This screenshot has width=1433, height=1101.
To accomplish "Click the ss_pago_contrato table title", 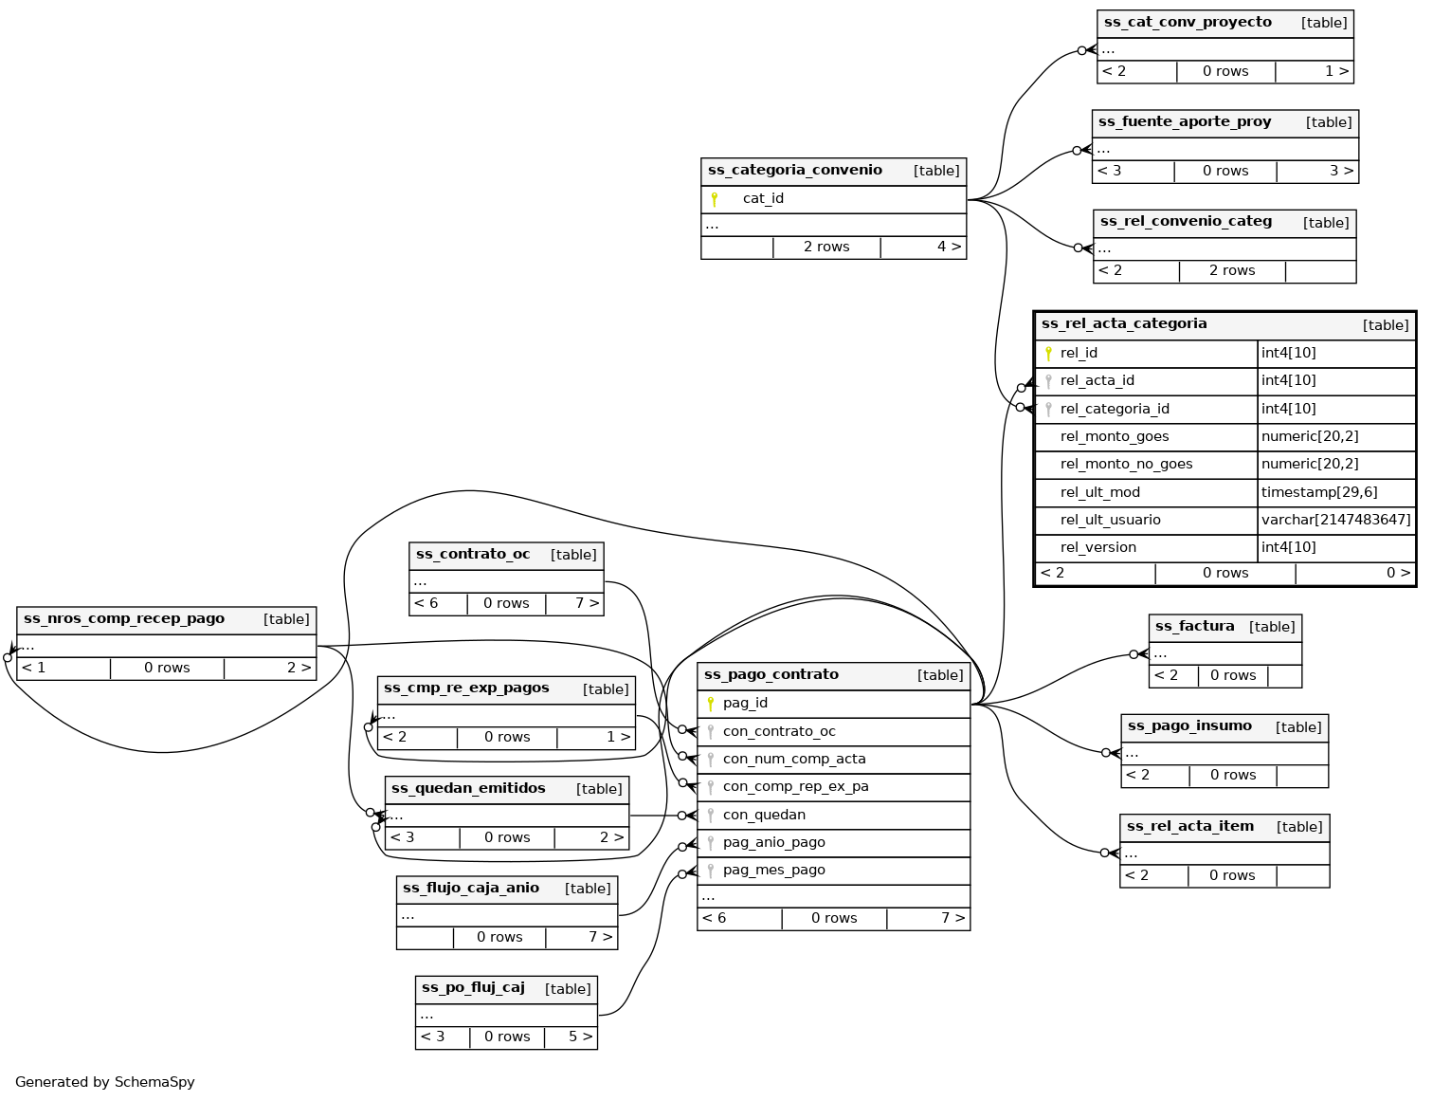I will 771,675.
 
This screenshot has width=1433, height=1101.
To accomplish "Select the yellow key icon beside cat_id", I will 715,199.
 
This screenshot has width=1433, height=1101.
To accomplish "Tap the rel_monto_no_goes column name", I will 1126,464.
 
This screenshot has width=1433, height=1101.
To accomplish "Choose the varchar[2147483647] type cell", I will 1335,520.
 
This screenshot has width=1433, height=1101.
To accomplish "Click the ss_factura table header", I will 1194,627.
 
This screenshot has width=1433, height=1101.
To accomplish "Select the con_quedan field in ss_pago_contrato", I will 764,815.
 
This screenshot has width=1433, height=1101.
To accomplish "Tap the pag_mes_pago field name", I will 773,870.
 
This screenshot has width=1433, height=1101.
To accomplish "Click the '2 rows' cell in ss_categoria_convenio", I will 826,247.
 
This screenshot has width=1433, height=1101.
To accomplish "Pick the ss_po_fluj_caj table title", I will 473,988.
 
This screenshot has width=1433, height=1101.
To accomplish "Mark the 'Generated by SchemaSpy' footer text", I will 105,1082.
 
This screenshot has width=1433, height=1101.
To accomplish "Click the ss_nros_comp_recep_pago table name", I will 124,619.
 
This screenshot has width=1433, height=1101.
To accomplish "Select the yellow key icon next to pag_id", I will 711,704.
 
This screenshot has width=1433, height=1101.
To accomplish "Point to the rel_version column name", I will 1097,547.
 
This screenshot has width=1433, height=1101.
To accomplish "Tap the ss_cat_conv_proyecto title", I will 1188,23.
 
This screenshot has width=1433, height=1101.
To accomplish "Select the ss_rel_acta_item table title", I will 1189,827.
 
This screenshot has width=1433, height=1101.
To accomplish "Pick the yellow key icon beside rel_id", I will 1048,354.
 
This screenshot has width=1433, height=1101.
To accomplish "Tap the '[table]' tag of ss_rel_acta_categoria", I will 1386,325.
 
